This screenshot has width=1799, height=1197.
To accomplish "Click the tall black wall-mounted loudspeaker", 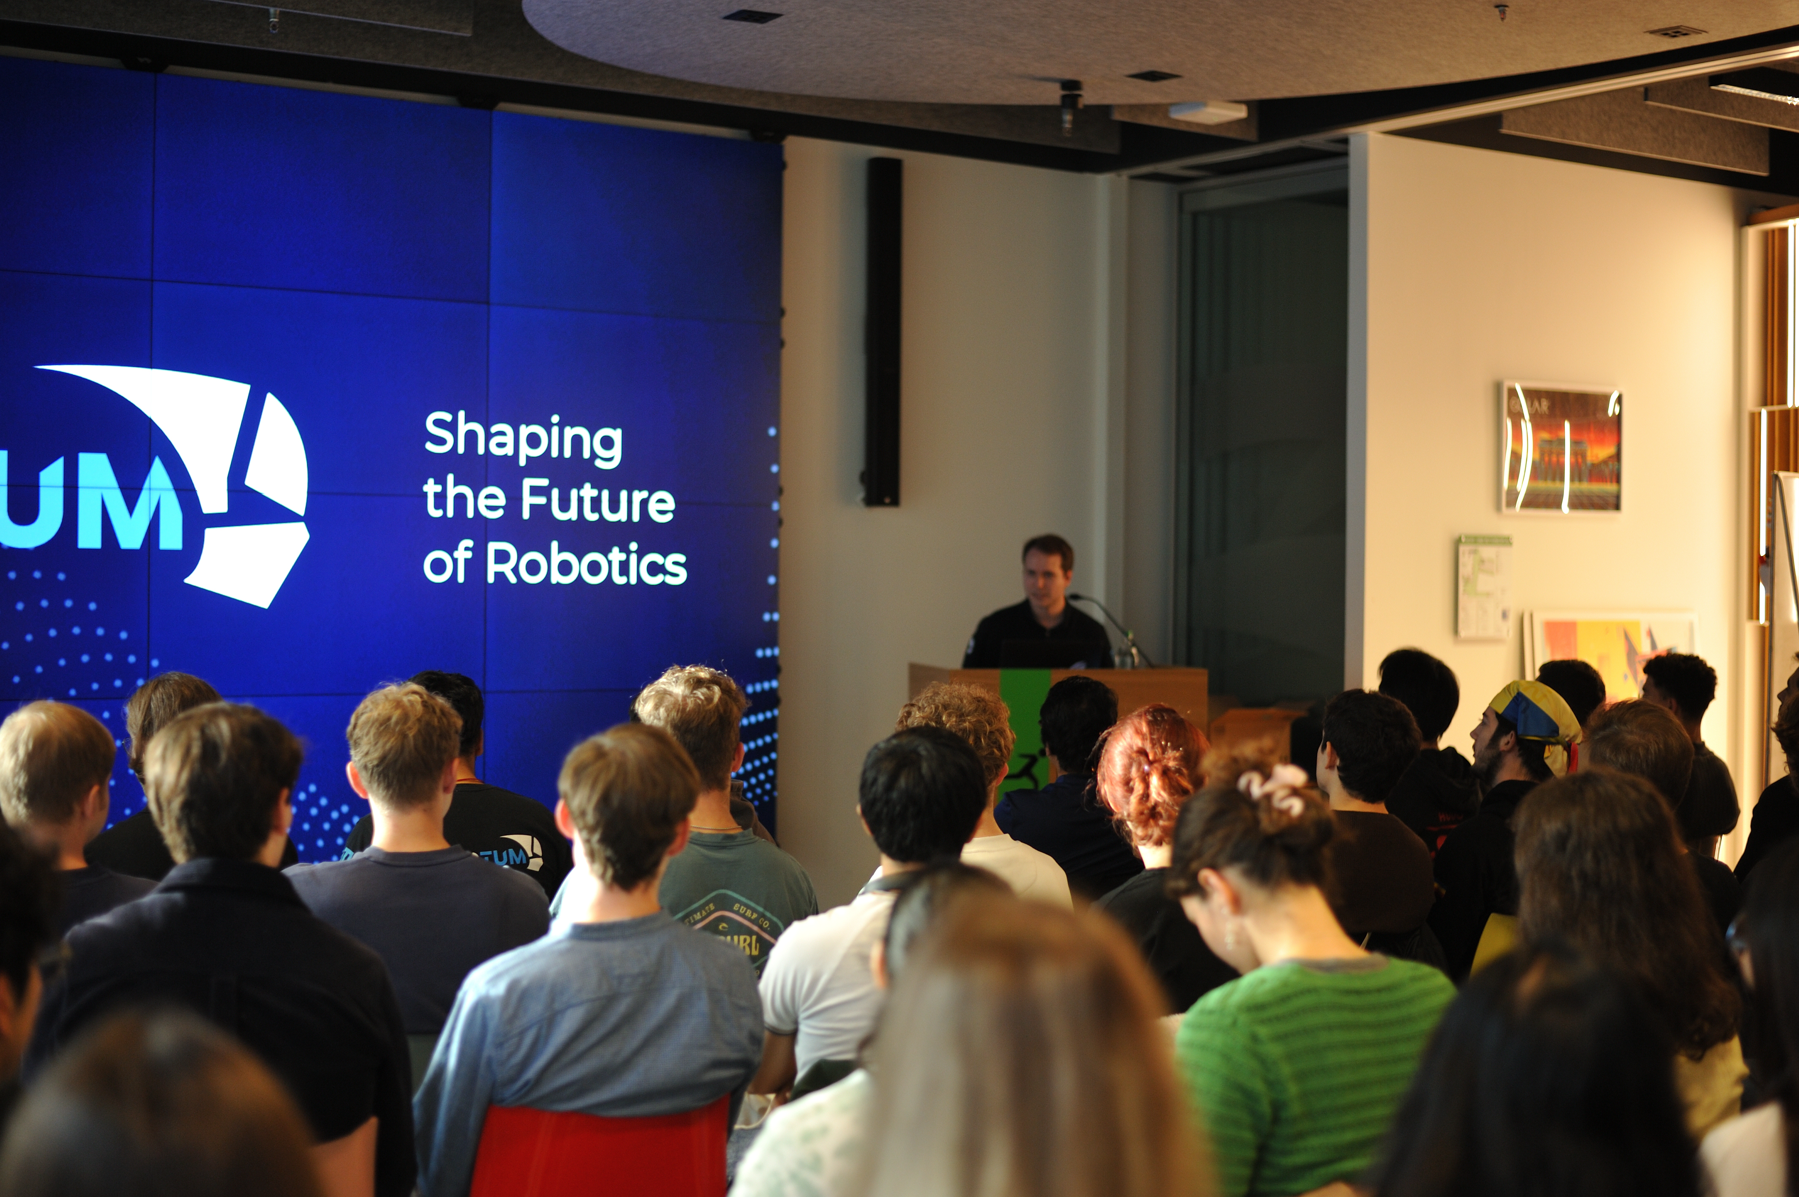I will point(882,332).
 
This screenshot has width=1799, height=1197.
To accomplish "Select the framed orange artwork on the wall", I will point(1561,447).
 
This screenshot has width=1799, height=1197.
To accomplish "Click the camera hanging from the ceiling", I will point(1070,103).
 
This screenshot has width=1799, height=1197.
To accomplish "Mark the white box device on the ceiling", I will point(1208,112).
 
